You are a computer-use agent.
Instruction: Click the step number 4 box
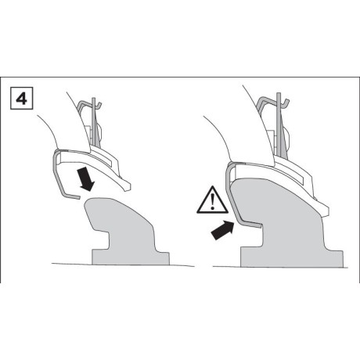(21, 99)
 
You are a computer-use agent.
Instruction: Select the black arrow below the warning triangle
(222, 229)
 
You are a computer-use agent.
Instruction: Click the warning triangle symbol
(212, 200)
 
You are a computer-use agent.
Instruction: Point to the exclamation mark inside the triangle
(213, 201)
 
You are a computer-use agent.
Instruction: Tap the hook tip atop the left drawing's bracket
(101, 104)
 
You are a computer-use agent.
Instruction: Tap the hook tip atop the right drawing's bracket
(287, 102)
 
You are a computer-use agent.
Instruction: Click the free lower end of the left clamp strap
(77, 197)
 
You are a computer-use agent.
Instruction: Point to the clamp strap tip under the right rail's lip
(260, 225)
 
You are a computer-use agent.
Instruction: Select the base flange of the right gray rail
(292, 258)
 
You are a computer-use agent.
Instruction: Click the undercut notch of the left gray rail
(103, 239)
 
